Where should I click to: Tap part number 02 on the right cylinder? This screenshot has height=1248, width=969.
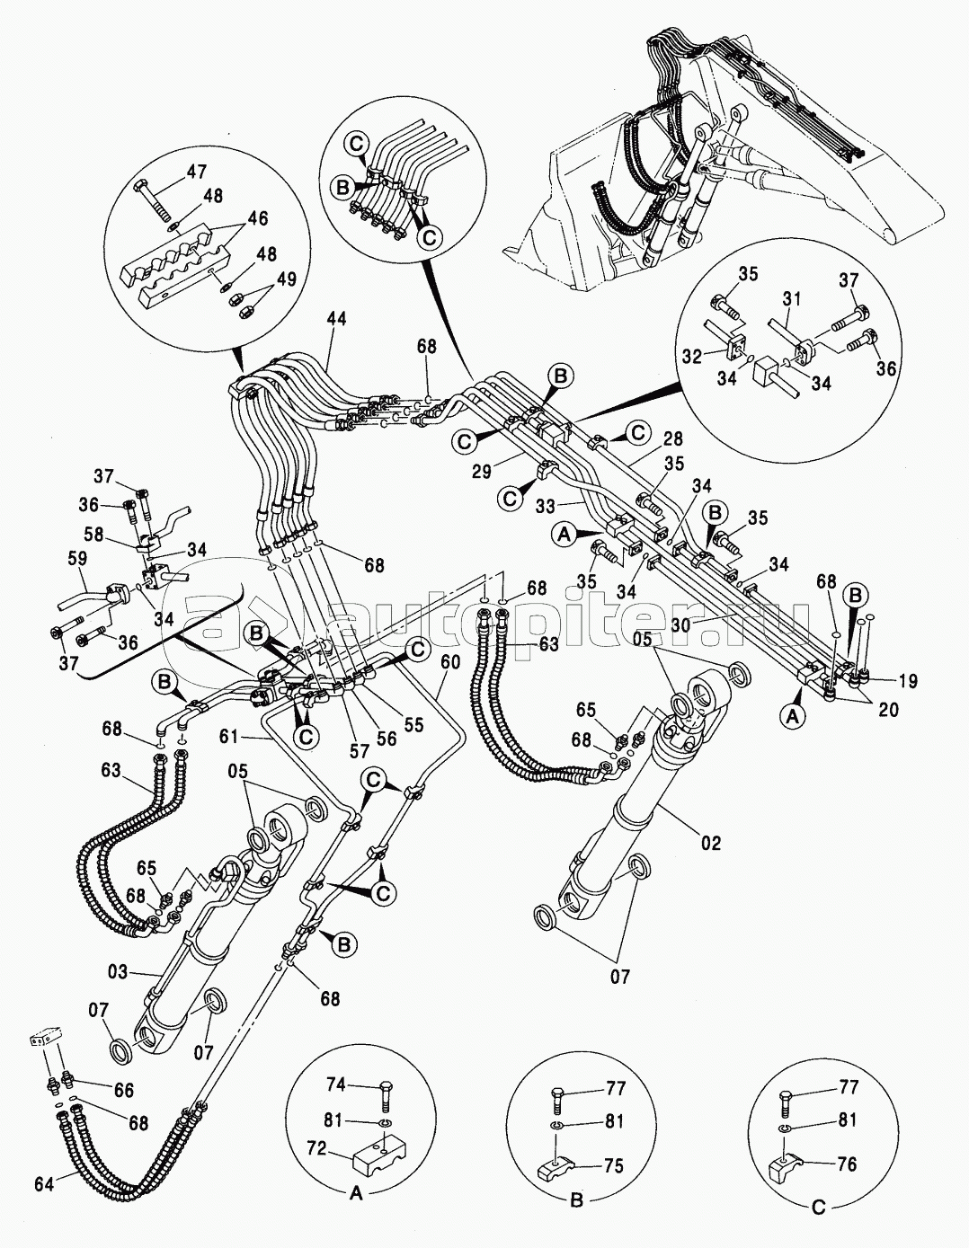[x=711, y=843]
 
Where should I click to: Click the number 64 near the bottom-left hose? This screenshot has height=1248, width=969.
[x=44, y=1184]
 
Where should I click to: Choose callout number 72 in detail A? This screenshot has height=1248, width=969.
[x=316, y=1149]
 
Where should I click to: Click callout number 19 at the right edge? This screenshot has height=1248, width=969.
[x=907, y=682]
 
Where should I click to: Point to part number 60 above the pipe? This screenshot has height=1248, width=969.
[x=450, y=662]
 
